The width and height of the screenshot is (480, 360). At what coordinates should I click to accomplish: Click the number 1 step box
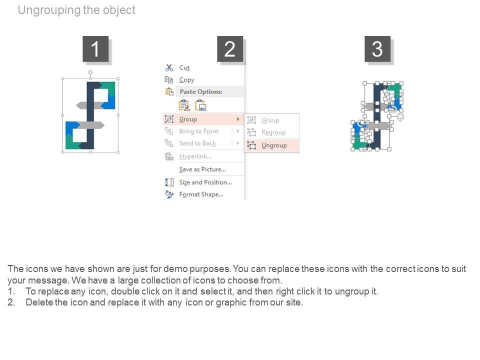pyautogui.click(x=95, y=49)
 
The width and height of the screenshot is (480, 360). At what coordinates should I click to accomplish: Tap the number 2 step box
pyautogui.click(x=230, y=49)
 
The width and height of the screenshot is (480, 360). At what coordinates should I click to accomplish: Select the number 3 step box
pyautogui.click(x=377, y=49)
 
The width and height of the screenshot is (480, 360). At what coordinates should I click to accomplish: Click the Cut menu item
pyautogui.click(x=184, y=67)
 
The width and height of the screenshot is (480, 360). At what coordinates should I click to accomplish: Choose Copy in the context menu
pyautogui.click(x=186, y=80)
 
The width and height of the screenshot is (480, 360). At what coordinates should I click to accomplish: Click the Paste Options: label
pyautogui.click(x=201, y=91)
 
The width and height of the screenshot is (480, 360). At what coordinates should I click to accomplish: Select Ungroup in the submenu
pyautogui.click(x=274, y=145)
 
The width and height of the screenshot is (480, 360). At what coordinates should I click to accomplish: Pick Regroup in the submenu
pyautogui.click(x=273, y=132)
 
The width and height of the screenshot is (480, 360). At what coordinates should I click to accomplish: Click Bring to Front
pyautogui.click(x=199, y=131)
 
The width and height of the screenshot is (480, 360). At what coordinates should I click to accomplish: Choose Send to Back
pyautogui.click(x=197, y=143)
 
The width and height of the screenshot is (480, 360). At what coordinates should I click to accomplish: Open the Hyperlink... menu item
pyautogui.click(x=195, y=156)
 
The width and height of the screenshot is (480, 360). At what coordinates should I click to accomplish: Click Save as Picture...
pyautogui.click(x=202, y=169)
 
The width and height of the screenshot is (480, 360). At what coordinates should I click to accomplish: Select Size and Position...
pyautogui.click(x=205, y=182)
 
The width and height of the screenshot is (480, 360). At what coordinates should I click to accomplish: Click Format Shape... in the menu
pyautogui.click(x=201, y=194)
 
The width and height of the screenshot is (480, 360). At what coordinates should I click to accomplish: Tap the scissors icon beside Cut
pyautogui.click(x=169, y=67)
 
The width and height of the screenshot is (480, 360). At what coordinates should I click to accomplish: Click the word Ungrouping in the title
pyautogui.click(x=49, y=10)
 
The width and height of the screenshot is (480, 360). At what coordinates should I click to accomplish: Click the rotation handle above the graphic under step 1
pyautogui.click(x=90, y=72)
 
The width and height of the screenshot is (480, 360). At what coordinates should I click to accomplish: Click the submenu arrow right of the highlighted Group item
pyautogui.click(x=238, y=119)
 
